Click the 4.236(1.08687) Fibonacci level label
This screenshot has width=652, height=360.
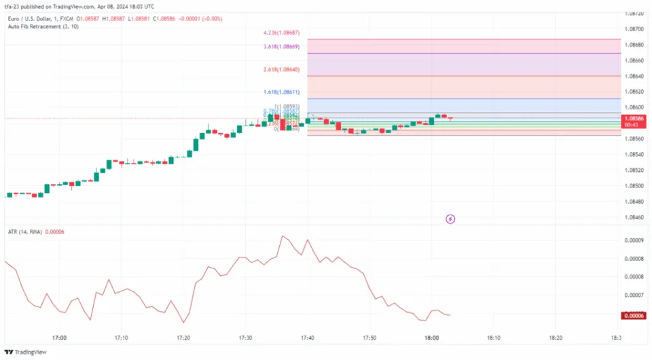282,33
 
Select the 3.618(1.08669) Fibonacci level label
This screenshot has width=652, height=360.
282,47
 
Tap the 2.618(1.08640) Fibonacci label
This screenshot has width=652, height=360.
282,69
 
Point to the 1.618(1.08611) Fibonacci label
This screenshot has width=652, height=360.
282,92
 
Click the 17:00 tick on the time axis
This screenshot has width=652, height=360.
59,338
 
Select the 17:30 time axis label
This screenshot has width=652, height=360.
246,338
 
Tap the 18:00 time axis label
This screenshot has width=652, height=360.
432,338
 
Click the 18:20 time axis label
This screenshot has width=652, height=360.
556,338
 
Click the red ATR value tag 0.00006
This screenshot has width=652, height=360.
635,315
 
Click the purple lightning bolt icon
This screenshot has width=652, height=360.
450,219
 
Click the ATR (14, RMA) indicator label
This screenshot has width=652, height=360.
24,232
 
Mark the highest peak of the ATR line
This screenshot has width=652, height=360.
283,236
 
